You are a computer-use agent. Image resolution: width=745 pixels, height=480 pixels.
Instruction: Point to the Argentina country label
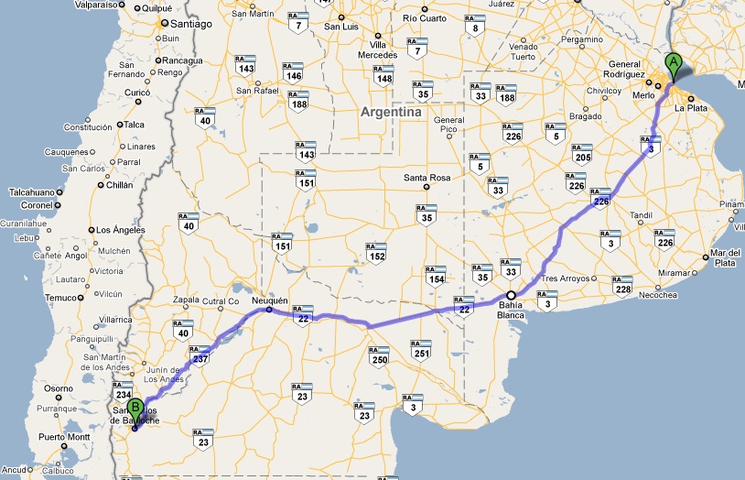tap(391, 112)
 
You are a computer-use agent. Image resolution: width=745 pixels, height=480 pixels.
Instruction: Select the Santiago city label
tap(190, 25)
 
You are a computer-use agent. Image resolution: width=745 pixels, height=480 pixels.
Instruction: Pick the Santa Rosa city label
tap(427, 177)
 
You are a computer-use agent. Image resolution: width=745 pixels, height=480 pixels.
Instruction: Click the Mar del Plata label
tap(725, 258)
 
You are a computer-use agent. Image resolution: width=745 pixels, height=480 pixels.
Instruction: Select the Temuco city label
tap(62, 298)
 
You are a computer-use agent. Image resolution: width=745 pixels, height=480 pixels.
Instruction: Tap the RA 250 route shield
tap(380, 355)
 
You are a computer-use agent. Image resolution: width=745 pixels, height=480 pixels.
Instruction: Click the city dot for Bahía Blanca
tap(512, 295)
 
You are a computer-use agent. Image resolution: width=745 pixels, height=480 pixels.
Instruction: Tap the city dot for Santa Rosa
tap(427, 187)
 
